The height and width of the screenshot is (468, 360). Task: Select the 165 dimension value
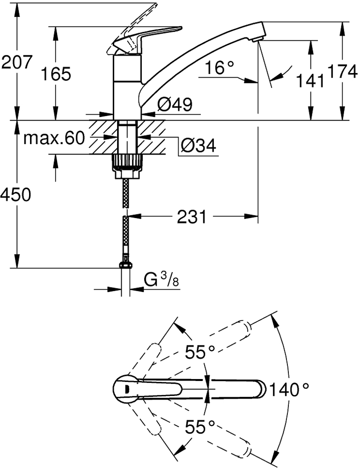56,74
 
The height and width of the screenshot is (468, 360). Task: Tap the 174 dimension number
342,71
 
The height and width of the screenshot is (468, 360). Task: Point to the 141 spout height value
310,80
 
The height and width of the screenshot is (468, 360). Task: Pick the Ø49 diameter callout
175,104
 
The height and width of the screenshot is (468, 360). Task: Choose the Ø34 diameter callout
198,145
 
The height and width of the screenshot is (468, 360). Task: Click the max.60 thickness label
54,138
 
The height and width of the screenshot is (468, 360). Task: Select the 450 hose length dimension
15,195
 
